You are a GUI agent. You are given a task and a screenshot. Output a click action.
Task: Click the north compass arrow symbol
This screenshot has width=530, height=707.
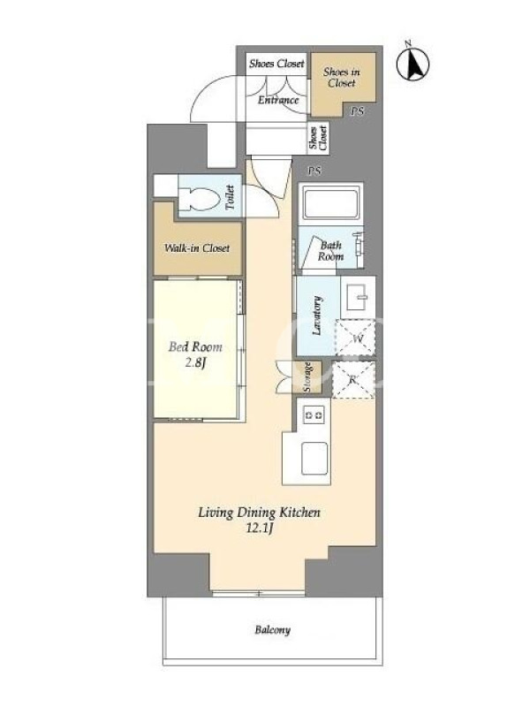click(413, 64)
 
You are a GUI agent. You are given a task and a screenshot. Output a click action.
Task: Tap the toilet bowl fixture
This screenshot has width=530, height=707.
click(201, 199)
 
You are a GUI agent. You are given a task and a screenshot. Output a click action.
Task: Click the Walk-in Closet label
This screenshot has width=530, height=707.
click(197, 248)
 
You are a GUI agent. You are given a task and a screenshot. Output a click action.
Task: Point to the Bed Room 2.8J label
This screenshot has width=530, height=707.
click(195, 354)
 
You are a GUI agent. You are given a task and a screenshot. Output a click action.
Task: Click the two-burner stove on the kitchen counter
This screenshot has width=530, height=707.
click(314, 414)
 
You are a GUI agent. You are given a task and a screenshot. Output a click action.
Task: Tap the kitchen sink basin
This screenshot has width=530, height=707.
click(314, 458)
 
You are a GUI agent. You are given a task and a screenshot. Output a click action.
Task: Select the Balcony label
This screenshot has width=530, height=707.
click(272, 630)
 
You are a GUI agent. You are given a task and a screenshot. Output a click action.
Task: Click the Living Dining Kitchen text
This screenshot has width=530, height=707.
click(259, 513)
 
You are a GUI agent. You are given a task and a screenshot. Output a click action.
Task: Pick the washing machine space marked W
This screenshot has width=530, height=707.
click(356, 338)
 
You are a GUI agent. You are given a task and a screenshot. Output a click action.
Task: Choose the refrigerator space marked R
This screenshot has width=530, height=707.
click(353, 380)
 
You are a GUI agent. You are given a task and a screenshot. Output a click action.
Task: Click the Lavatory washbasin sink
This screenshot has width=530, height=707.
click(358, 297)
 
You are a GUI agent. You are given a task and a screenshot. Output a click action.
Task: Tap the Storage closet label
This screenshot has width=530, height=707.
click(307, 377)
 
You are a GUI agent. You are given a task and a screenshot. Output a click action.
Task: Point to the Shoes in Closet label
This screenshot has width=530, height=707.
click(342, 77)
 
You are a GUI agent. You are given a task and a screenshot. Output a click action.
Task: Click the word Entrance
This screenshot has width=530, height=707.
click(278, 100)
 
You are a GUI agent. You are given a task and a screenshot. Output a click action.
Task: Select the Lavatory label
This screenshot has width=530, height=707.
click(317, 315)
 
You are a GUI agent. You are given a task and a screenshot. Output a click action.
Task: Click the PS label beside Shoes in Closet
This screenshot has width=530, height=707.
click(358, 111)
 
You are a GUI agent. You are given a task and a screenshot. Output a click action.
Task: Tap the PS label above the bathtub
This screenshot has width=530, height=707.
click(314, 171)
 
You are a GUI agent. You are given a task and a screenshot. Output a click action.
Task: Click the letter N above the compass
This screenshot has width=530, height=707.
click(407, 43)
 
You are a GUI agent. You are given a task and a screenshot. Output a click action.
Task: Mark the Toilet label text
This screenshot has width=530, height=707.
click(230, 197)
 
